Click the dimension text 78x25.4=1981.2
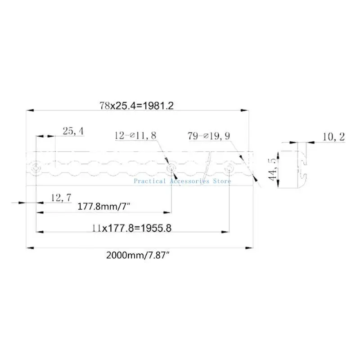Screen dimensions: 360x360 [137, 106]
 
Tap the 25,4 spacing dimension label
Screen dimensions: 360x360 [73, 131]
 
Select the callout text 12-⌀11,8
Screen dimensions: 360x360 [135, 135]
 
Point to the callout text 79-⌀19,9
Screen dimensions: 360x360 [209, 136]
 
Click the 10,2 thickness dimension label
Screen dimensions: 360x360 [333, 137]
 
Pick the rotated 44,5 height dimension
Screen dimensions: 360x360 [273, 170]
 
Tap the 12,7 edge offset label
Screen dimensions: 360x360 [61, 198]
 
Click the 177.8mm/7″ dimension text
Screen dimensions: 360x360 [104, 207]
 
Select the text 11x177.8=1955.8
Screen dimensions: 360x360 [132, 228]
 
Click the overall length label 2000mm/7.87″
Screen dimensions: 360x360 [138, 255]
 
